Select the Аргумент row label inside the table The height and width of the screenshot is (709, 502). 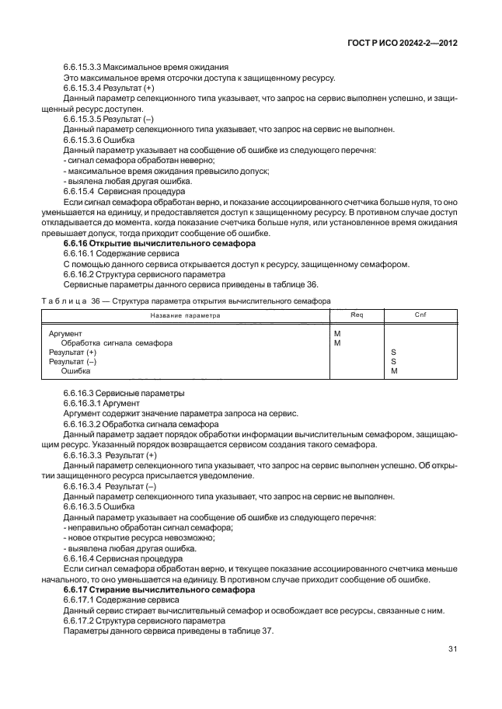point(65,333)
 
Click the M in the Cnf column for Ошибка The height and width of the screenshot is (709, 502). point(394,370)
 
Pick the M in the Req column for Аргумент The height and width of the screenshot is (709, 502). point(336,333)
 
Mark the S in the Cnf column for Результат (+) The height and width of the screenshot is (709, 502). point(393,352)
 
